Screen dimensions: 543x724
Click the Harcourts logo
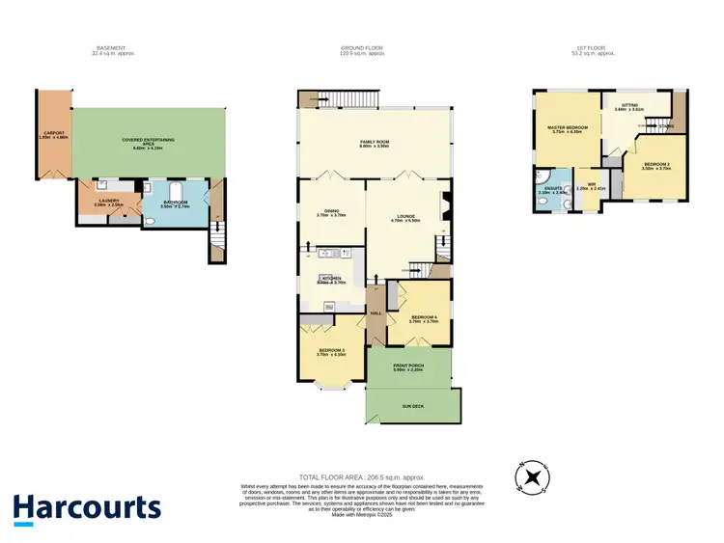[x=86, y=509]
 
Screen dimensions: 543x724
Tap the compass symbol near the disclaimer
[x=532, y=476]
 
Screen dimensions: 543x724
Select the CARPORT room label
[x=51, y=134]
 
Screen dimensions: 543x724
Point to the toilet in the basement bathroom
[x=151, y=220]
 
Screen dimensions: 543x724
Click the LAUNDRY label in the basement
[x=107, y=201]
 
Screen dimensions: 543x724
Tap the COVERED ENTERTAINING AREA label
[x=148, y=141]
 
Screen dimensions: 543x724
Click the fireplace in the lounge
[x=444, y=205]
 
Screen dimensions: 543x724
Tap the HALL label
[x=376, y=313]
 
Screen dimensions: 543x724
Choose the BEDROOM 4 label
[x=424, y=317]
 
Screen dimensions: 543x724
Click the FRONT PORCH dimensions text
[x=409, y=369]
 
